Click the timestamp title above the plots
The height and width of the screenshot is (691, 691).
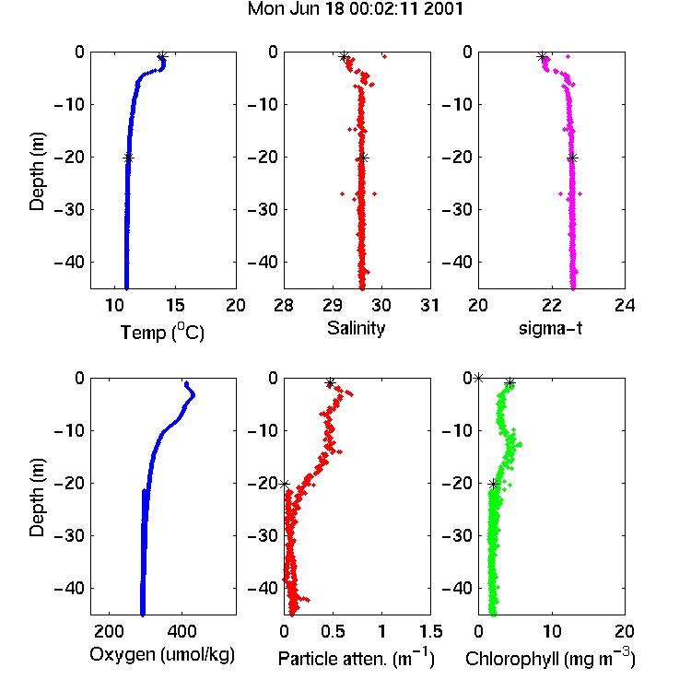[x=356, y=9]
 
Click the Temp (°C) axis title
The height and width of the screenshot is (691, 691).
[x=162, y=332]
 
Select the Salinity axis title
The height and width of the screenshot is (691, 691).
[x=356, y=328]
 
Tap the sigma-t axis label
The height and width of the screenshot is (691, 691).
[x=550, y=328]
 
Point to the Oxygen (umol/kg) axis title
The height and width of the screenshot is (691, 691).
[x=162, y=655]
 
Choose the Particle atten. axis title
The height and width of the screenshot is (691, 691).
[x=356, y=658]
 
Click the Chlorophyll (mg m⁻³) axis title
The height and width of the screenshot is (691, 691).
[x=550, y=658]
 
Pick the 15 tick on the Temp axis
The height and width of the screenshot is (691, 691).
[x=175, y=305]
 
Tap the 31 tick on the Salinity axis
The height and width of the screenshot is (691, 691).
[x=429, y=305]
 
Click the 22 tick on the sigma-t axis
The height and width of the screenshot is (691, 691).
[x=551, y=305]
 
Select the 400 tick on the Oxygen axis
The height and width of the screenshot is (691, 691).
[x=182, y=631]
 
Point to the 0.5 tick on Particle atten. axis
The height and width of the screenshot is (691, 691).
[x=333, y=631]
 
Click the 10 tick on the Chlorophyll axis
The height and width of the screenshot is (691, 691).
[x=551, y=631]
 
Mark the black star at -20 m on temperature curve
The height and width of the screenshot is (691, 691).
[x=128, y=158]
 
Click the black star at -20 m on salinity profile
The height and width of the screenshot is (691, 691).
[x=363, y=158]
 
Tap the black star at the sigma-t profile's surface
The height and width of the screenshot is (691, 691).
[x=543, y=56]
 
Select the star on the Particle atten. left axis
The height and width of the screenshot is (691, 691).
[x=285, y=484]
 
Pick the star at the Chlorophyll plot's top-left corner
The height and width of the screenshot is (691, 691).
[x=478, y=378]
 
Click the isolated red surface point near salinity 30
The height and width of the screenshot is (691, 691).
[x=384, y=56]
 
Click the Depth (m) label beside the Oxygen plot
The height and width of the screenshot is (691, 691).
[x=37, y=497]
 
